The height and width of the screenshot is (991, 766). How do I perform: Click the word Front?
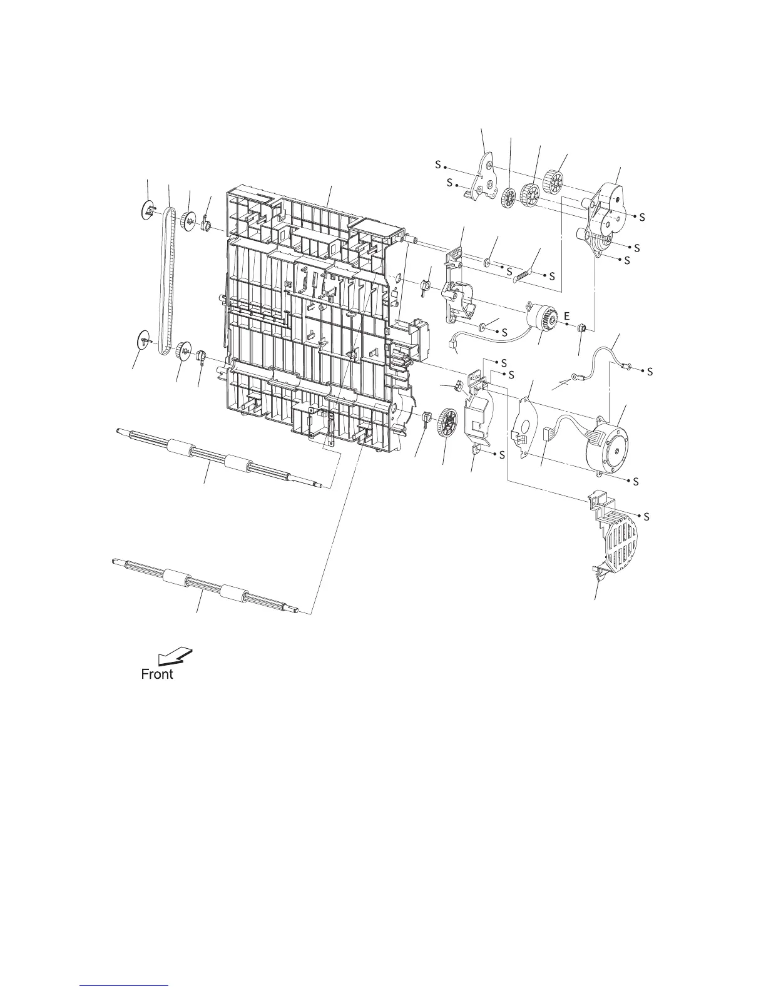(x=156, y=674)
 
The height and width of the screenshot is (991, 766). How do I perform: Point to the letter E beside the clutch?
(x=566, y=317)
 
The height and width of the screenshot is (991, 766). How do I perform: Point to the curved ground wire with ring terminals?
(x=601, y=363)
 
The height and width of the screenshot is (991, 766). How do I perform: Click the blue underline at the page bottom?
(x=125, y=986)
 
